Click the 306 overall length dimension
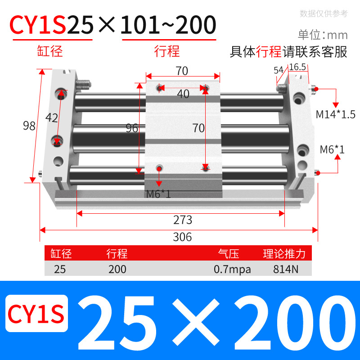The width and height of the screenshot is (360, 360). (x=182, y=237)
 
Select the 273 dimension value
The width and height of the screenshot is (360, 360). (x=183, y=220)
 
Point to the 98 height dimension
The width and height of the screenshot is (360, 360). (x=29, y=126)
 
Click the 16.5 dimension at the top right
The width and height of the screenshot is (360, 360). (x=297, y=67)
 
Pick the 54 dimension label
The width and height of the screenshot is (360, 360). (x=279, y=70)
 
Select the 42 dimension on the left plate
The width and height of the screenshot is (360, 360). (x=52, y=118)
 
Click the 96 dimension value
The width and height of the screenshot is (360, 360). (x=132, y=128)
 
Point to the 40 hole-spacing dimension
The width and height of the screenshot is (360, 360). (x=183, y=94)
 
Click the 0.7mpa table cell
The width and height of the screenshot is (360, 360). (x=232, y=269)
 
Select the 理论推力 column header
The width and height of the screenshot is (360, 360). (x=284, y=254)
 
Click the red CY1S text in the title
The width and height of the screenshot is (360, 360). (x=38, y=25)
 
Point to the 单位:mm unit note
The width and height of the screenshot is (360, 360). (x=323, y=35)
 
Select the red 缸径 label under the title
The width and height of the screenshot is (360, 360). (x=50, y=51)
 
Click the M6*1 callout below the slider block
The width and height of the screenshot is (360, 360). (x=158, y=194)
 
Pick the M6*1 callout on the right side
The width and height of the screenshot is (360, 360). (x=332, y=149)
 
